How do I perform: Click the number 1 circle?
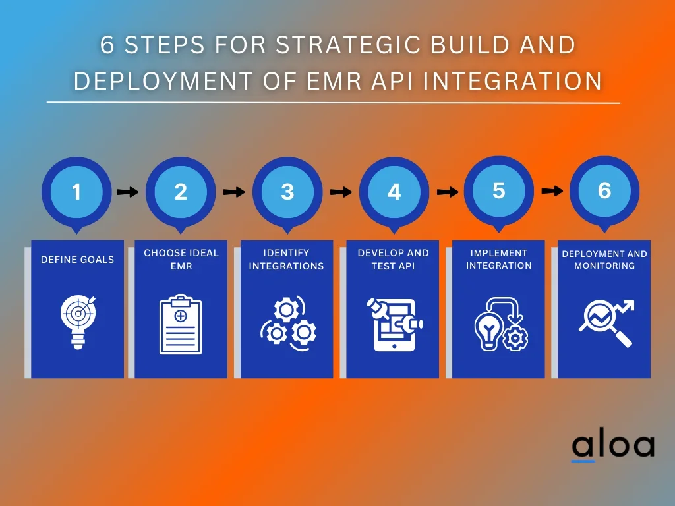click(76, 192)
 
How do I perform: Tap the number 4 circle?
click(394, 192)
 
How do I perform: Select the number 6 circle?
click(604, 190)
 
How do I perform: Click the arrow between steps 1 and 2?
click(128, 192)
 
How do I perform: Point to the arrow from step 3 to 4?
click(341, 192)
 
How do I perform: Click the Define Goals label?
click(77, 260)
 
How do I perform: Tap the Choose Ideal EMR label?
click(181, 260)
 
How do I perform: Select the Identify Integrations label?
click(287, 260)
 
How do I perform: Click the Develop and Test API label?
click(393, 260)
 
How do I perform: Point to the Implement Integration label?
click(499, 260)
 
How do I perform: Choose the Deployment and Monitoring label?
click(604, 260)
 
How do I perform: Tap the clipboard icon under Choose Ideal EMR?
click(181, 324)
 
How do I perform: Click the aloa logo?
click(612, 446)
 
